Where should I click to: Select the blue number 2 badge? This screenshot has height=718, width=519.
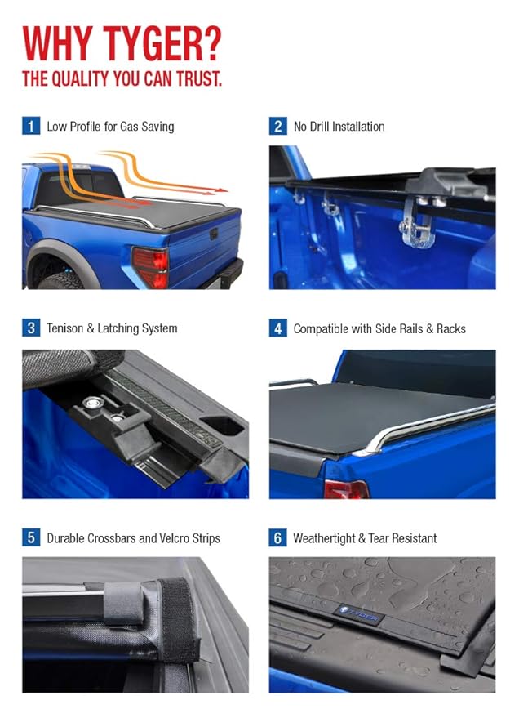point(278,126)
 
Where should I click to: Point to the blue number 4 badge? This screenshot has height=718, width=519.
point(278,328)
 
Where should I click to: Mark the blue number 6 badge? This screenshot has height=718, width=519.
point(278,537)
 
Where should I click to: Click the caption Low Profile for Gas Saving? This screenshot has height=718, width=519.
point(110,127)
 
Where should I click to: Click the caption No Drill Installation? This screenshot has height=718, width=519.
point(339,127)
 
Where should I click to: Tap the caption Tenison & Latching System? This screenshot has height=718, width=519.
point(112,328)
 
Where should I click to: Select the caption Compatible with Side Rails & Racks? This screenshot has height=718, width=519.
point(379,329)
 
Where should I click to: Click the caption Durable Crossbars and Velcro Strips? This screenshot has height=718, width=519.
point(133,538)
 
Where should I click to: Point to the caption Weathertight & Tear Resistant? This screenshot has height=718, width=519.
point(365,538)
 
